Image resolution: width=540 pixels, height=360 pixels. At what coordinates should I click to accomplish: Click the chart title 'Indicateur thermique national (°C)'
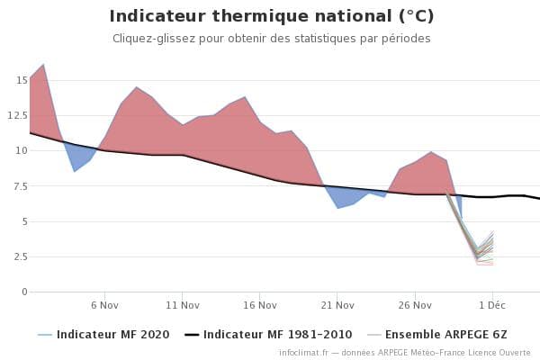pyautogui.click(x=271, y=16)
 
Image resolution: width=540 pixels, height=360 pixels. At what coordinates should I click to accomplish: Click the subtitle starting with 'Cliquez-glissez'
pyautogui.click(x=271, y=39)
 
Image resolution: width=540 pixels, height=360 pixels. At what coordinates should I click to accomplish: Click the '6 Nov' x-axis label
pyautogui.click(x=105, y=305)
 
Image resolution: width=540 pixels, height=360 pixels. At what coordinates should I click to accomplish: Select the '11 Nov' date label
pyautogui.click(x=183, y=305)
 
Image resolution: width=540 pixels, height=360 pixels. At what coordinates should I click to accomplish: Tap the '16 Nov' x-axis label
pyautogui.click(x=260, y=305)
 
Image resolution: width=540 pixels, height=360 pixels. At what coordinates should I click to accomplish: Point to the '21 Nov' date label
pyautogui.click(x=337, y=305)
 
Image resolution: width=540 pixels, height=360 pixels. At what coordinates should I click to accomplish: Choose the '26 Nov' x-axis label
pyautogui.click(x=415, y=305)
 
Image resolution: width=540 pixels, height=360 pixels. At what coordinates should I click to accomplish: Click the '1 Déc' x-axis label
pyautogui.click(x=492, y=305)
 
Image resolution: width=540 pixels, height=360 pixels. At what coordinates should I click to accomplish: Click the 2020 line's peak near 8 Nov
pyautogui.click(x=137, y=87)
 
